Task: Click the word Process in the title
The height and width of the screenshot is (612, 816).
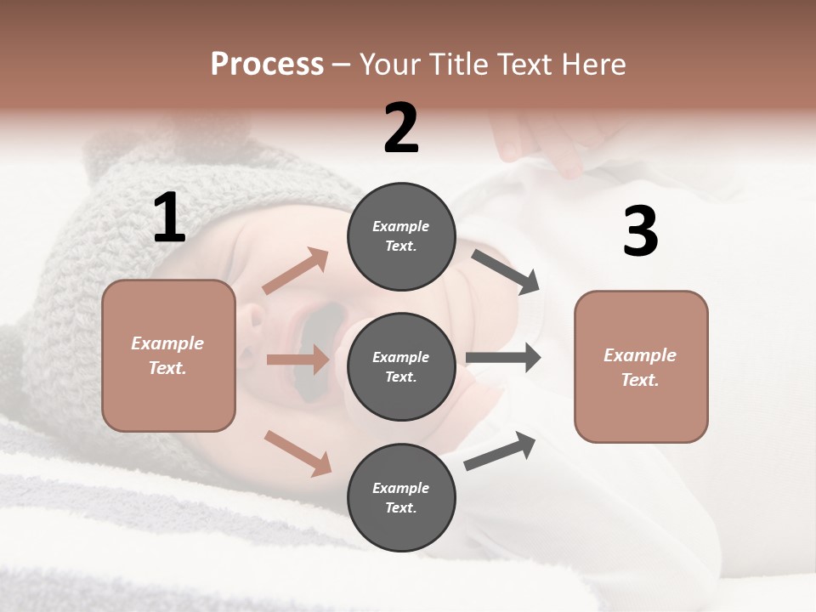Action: (267, 64)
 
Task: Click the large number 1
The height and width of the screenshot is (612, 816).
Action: (169, 218)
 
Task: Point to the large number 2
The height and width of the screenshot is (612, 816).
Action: (401, 128)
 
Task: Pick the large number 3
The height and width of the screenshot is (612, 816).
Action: (640, 231)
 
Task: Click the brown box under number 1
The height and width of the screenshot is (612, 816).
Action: (168, 355)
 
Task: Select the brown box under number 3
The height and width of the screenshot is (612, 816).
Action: (641, 367)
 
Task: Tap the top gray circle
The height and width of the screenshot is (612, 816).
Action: (401, 236)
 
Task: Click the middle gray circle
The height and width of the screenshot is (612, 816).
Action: (401, 366)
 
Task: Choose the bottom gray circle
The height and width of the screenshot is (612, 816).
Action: (401, 497)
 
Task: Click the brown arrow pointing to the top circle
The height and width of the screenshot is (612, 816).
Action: (296, 271)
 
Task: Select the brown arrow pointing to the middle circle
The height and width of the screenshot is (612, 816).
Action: (297, 360)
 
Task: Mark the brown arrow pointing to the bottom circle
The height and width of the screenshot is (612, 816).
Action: (298, 453)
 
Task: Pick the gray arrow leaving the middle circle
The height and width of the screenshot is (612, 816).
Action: (503, 358)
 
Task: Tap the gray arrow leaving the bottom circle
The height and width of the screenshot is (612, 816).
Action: (501, 450)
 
